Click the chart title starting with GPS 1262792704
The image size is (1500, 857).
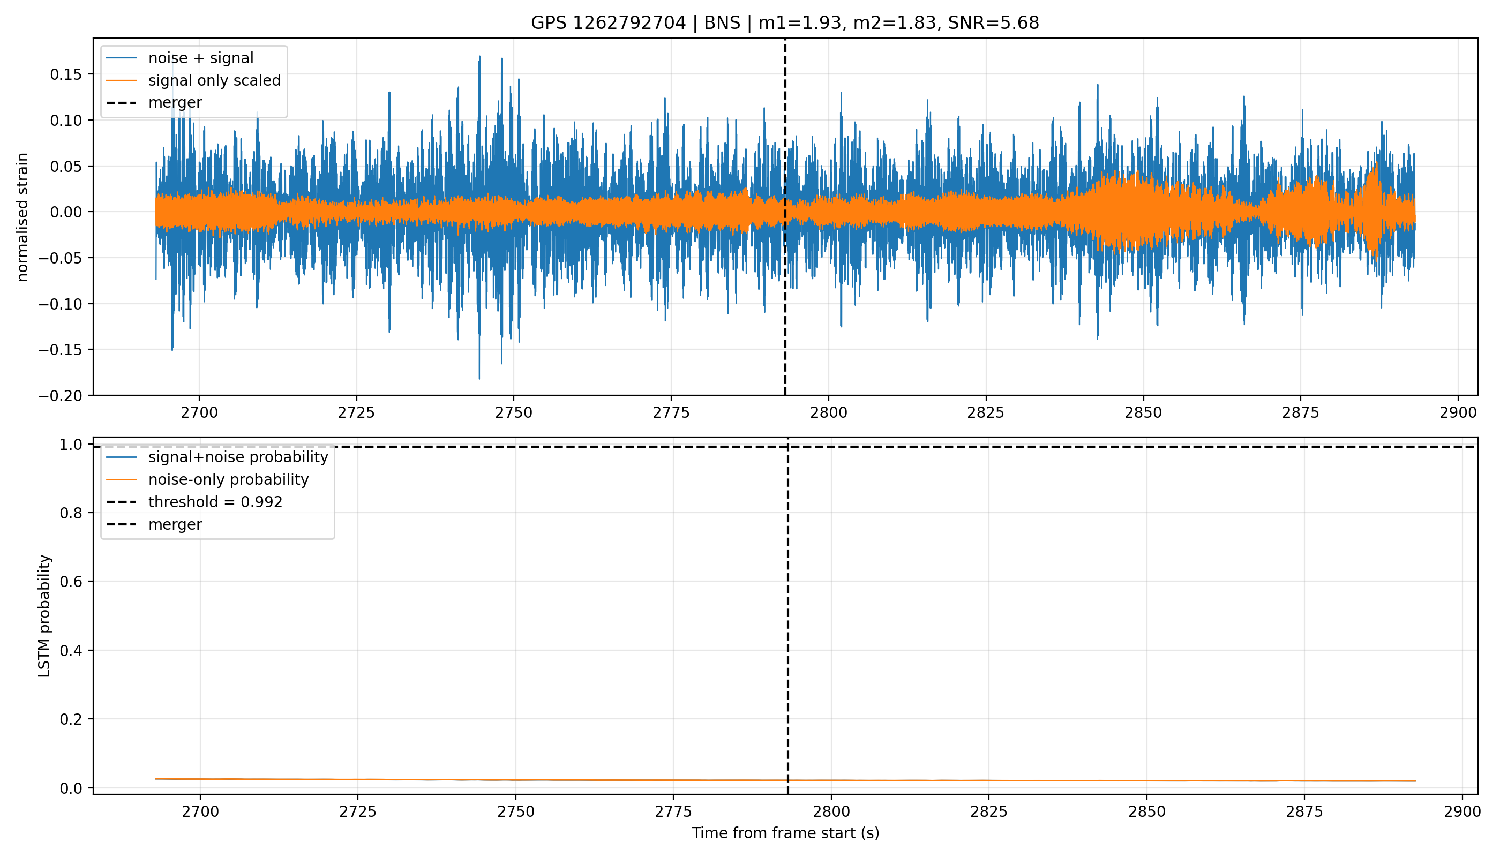coord(785,23)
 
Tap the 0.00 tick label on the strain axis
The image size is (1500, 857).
coord(66,213)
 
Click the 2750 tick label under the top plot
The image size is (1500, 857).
coord(513,412)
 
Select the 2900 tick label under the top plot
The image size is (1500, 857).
coord(1458,412)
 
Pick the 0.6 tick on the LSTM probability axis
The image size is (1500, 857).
coord(71,582)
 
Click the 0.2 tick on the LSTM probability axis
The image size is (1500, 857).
coord(71,720)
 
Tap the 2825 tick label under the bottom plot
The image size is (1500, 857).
coord(989,812)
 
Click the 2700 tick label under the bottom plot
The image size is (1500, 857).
coord(200,812)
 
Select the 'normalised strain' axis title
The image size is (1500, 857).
coord(22,217)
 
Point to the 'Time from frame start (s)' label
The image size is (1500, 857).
coord(785,833)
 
